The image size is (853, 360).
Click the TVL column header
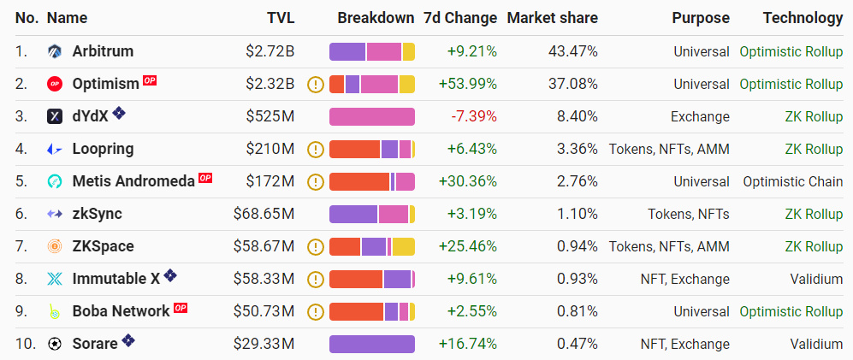[281, 18]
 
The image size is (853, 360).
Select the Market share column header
[552, 18]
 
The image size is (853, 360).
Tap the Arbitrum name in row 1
[103, 51]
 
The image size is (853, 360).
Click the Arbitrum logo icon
[55, 51]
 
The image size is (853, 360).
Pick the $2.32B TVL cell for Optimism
[270, 84]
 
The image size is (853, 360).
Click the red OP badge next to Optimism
[150, 81]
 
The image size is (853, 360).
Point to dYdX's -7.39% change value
[472, 116]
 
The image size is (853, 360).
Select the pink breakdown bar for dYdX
[372, 116]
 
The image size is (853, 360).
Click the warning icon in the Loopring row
[316, 149]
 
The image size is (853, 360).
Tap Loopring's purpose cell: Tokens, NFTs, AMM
[669, 149]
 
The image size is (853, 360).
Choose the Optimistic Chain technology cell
[792, 181]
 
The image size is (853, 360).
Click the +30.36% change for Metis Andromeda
[467, 181]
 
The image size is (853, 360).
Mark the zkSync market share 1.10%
[577, 214]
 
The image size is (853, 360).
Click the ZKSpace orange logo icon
[55, 246]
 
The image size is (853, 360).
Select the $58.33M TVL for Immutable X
[264, 279]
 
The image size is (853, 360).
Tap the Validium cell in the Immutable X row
[816, 279]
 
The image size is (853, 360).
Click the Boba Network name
[121, 311]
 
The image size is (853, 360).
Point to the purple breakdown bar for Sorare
[372, 344]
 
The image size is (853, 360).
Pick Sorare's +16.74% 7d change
[467, 344]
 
